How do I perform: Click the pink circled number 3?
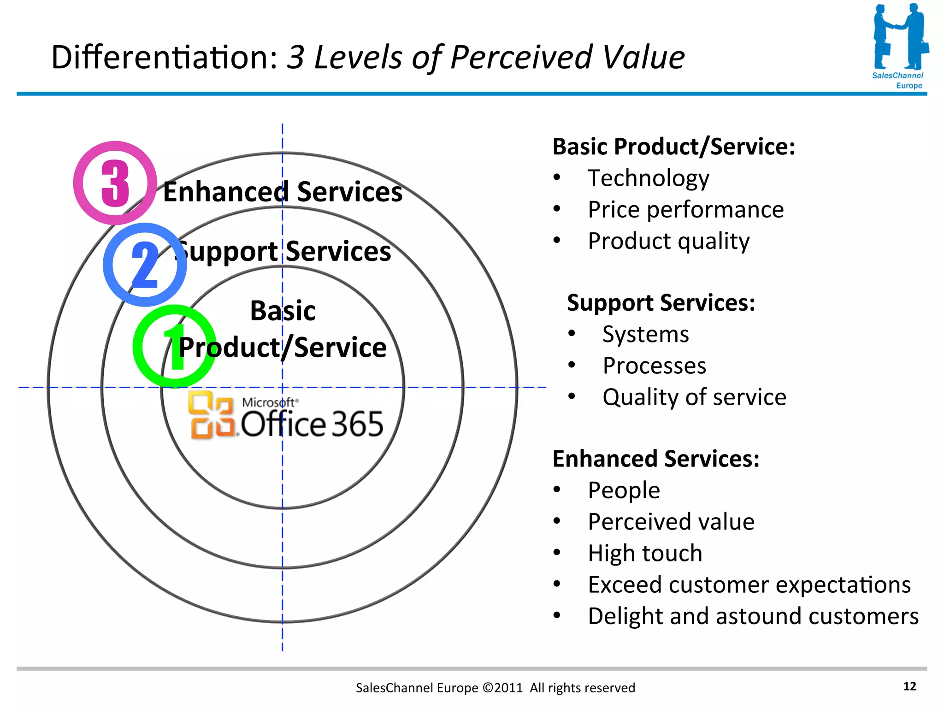coord(115,183)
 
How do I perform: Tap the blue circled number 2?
coord(145,265)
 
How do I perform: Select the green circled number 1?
coord(174,346)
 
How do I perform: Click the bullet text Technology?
coord(648,178)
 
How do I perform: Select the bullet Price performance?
coord(685,210)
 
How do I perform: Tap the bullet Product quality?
coord(668,241)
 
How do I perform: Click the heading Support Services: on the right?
coord(661,303)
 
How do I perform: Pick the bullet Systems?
coord(645,334)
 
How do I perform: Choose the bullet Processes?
coord(654,366)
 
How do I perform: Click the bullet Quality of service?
coord(694,397)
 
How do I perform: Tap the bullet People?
coord(624,490)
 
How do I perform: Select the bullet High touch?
coord(645,553)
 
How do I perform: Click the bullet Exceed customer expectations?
coord(749,584)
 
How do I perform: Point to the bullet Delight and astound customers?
coord(753,616)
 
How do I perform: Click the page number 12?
coord(909,686)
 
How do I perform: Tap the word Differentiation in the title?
coord(164,57)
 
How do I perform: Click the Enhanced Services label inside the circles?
coord(283,192)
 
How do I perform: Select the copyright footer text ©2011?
coord(502,688)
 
